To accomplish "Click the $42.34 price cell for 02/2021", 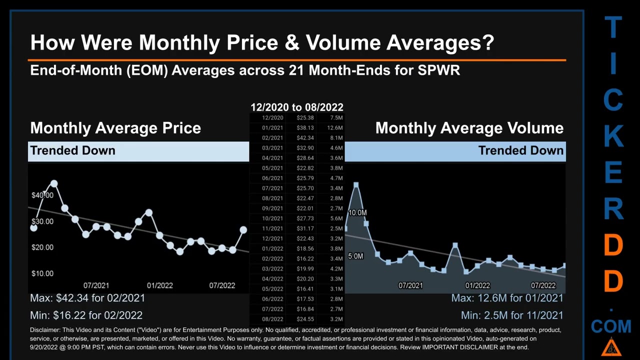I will tap(305, 138).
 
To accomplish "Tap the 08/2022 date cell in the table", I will tap(272, 319).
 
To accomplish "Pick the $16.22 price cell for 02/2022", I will tap(305, 258).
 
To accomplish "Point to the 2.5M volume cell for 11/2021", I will tap(336, 228).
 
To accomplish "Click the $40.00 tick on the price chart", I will tap(42, 195).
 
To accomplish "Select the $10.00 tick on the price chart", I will tap(42, 273).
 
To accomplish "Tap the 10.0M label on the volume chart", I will tap(357, 213).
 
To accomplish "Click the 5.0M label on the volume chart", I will tap(355, 256).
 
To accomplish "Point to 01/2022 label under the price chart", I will tap(159, 285).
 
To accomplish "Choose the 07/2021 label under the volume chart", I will tap(410, 285).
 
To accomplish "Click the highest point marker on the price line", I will tap(54, 184).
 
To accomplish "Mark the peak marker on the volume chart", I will tap(356, 185).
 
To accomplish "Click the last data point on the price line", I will tap(243, 229).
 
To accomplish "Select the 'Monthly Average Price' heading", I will tap(115, 128).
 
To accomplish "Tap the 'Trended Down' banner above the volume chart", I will tap(520, 150).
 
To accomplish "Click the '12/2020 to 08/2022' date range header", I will tap(296, 107).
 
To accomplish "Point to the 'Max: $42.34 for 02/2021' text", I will tap(87, 298).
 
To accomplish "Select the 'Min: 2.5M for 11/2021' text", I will tap(512, 315).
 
